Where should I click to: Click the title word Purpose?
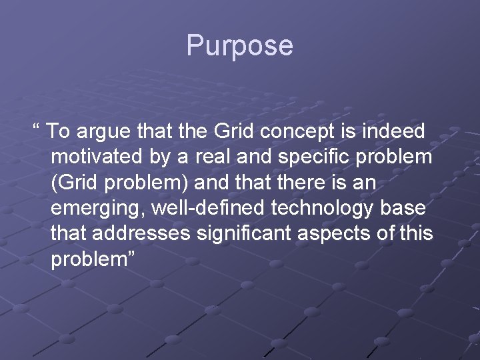[239, 46]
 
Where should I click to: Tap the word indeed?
[397, 131]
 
